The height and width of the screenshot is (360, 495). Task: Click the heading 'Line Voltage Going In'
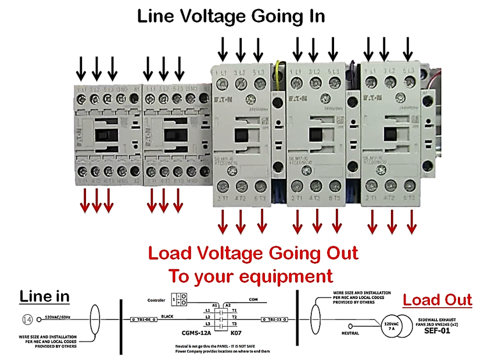click(231, 16)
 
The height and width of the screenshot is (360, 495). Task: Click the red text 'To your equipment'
click(250, 275)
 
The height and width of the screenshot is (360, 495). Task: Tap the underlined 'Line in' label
click(44, 296)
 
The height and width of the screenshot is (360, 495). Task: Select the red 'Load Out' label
click(437, 300)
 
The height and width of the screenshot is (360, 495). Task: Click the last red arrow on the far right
click(411, 221)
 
